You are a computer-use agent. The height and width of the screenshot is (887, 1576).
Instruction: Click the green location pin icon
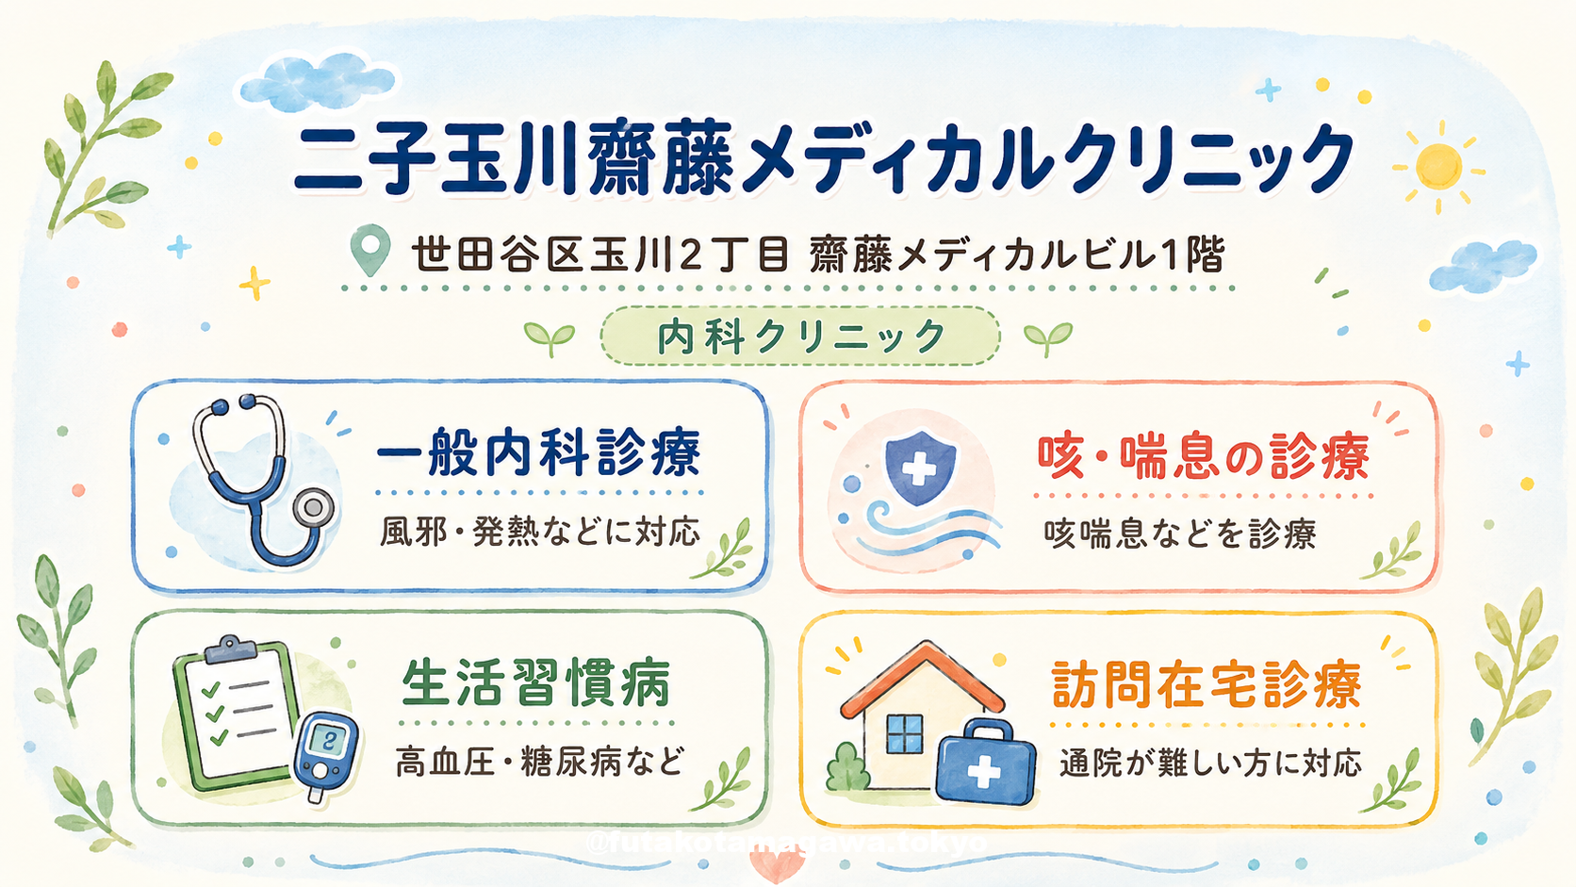point(370,248)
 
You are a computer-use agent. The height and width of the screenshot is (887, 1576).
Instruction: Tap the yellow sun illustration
point(1438,167)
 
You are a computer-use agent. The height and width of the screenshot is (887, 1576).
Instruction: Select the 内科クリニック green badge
point(800,337)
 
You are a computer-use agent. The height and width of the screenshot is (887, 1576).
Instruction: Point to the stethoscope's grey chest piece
point(313,508)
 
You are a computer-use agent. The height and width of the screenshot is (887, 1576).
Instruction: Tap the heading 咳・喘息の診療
point(1204,457)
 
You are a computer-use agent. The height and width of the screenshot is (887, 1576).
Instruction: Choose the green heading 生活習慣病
point(536,682)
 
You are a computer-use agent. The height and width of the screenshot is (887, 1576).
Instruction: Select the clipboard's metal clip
point(230,648)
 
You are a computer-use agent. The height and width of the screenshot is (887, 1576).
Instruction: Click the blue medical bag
point(986,763)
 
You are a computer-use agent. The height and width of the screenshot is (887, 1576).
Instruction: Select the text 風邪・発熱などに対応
point(540,532)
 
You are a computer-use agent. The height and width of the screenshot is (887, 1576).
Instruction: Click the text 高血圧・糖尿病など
point(540,762)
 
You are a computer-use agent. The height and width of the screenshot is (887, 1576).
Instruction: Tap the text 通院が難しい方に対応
point(1211,764)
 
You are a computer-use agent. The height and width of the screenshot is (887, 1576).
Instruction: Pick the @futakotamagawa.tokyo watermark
point(787,842)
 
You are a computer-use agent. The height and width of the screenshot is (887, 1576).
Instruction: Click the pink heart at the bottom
point(777,866)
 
